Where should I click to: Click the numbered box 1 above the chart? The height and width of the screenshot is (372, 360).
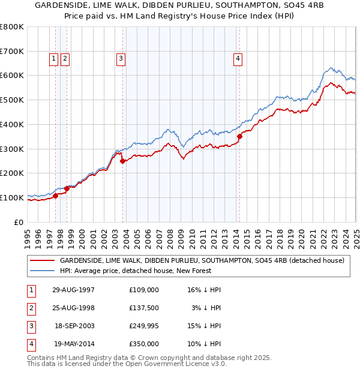(53, 58)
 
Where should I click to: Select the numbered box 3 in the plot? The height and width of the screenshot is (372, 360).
(121, 58)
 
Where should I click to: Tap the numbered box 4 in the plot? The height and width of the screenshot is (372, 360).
(238, 58)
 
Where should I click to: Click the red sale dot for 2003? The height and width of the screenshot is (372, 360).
(122, 161)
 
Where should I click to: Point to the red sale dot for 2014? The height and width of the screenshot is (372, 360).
(239, 136)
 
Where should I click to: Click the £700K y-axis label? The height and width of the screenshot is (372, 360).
(11, 51)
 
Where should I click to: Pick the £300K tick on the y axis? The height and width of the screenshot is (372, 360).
(11, 149)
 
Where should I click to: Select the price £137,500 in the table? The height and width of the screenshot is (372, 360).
(144, 308)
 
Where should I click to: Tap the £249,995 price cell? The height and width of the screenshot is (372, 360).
(144, 326)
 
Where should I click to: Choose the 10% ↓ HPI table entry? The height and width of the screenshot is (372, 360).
(204, 344)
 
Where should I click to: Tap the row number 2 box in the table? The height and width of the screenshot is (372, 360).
(30, 308)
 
